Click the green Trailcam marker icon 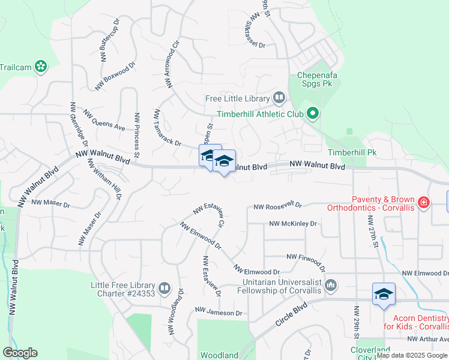click(x=41, y=66)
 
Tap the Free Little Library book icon click(x=279, y=97)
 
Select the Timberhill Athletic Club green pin click(x=312, y=113)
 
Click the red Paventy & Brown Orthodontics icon click(x=424, y=202)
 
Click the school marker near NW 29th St click(x=384, y=294)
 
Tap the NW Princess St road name click(x=137, y=134)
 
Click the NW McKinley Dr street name click(x=292, y=223)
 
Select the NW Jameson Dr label click(x=218, y=313)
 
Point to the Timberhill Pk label click(x=351, y=152)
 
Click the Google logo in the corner click(x=20, y=352)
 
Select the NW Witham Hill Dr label click(x=104, y=179)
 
